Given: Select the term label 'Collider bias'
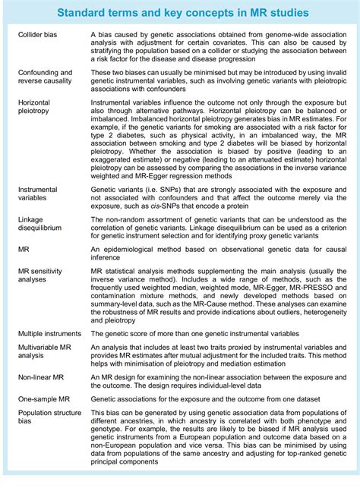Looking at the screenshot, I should [39, 35].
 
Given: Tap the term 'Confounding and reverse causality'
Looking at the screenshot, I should [45, 77].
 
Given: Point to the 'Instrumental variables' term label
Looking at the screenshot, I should [37, 194].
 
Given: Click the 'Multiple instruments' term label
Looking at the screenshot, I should [49, 333].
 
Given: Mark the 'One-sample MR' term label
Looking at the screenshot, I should [43, 398].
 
